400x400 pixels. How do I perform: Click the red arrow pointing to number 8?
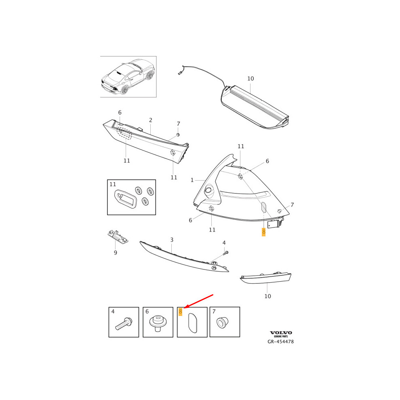[x=198, y=302]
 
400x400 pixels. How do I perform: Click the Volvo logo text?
[x=281, y=333]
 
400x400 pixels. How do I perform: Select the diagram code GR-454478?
[x=281, y=342]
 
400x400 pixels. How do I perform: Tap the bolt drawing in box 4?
[x=124, y=324]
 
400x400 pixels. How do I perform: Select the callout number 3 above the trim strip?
[x=172, y=240]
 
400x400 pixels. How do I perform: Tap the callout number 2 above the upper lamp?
[x=150, y=120]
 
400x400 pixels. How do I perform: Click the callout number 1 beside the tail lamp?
[x=192, y=180]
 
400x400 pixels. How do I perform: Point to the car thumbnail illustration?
[x=128, y=77]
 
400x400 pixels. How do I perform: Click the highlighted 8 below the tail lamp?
[x=263, y=232]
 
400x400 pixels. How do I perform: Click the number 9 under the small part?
[x=115, y=253]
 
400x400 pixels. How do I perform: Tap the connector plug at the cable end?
[x=179, y=73]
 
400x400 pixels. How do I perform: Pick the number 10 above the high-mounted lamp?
[x=251, y=79]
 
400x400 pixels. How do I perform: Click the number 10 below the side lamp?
[x=267, y=296]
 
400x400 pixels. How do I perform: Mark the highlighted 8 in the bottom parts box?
[x=181, y=312]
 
